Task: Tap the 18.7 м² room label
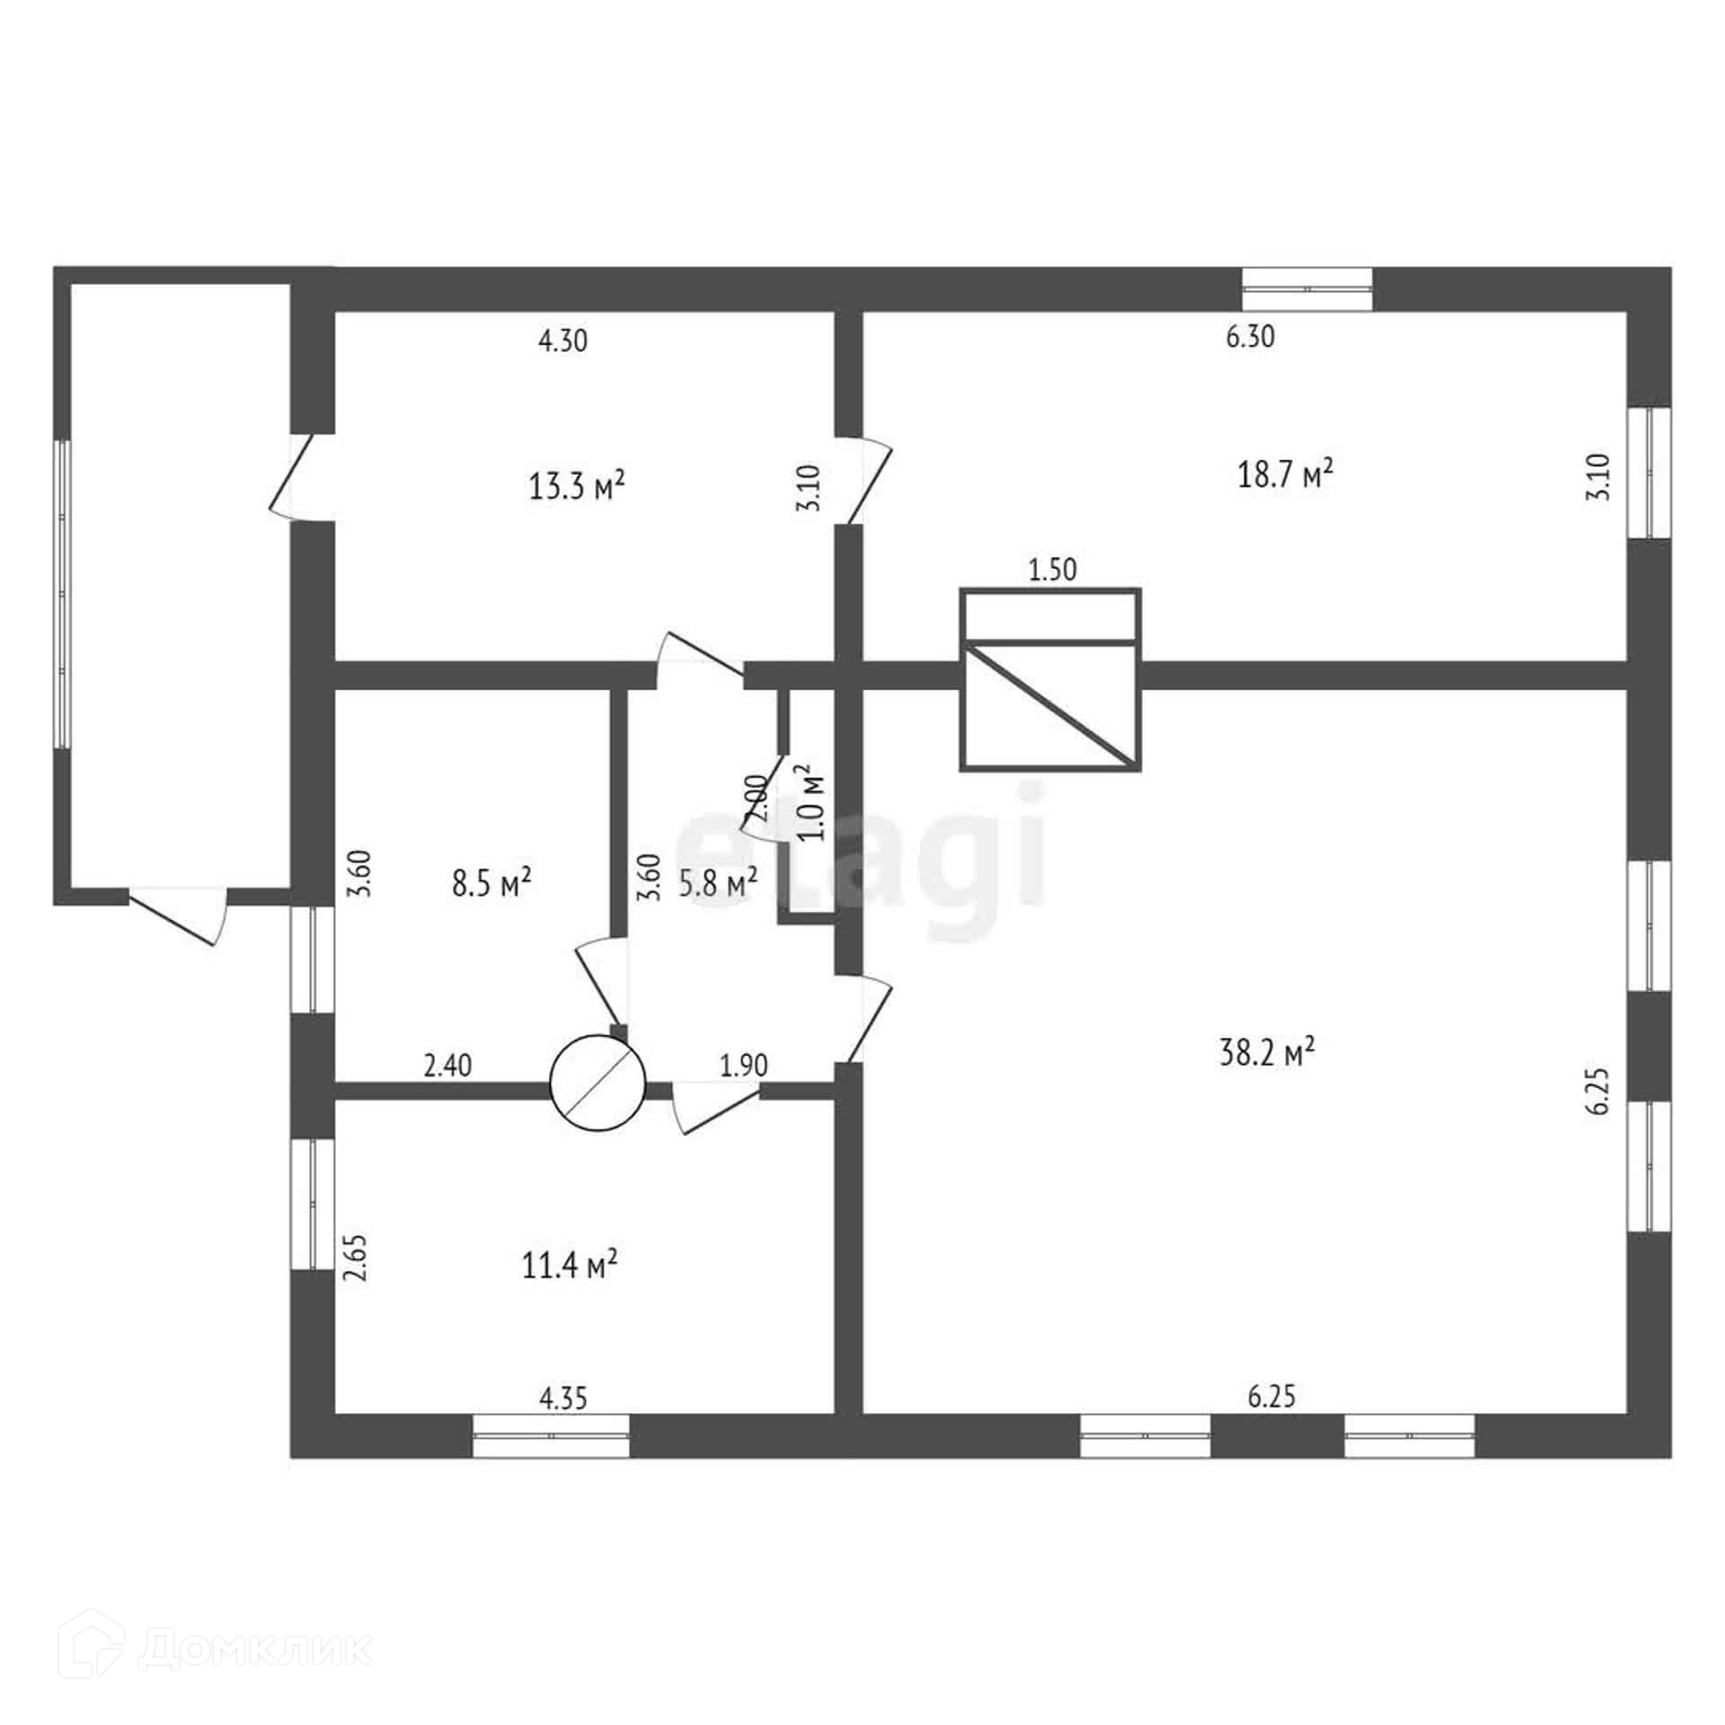[x=1285, y=473]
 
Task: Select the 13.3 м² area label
[x=577, y=486]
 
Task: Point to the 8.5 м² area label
[x=491, y=883]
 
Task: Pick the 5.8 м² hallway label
[x=717, y=883]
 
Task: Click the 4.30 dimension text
[x=562, y=341]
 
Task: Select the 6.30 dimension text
[x=1251, y=337]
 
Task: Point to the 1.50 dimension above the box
[x=1052, y=570]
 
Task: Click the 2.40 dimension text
[x=447, y=1066]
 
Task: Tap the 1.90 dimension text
[x=744, y=1066]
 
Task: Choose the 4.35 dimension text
[x=563, y=1399]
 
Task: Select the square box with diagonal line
[x=1050, y=679]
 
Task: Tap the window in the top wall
[x=1307, y=289]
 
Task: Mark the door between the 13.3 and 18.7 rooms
[x=864, y=480]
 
